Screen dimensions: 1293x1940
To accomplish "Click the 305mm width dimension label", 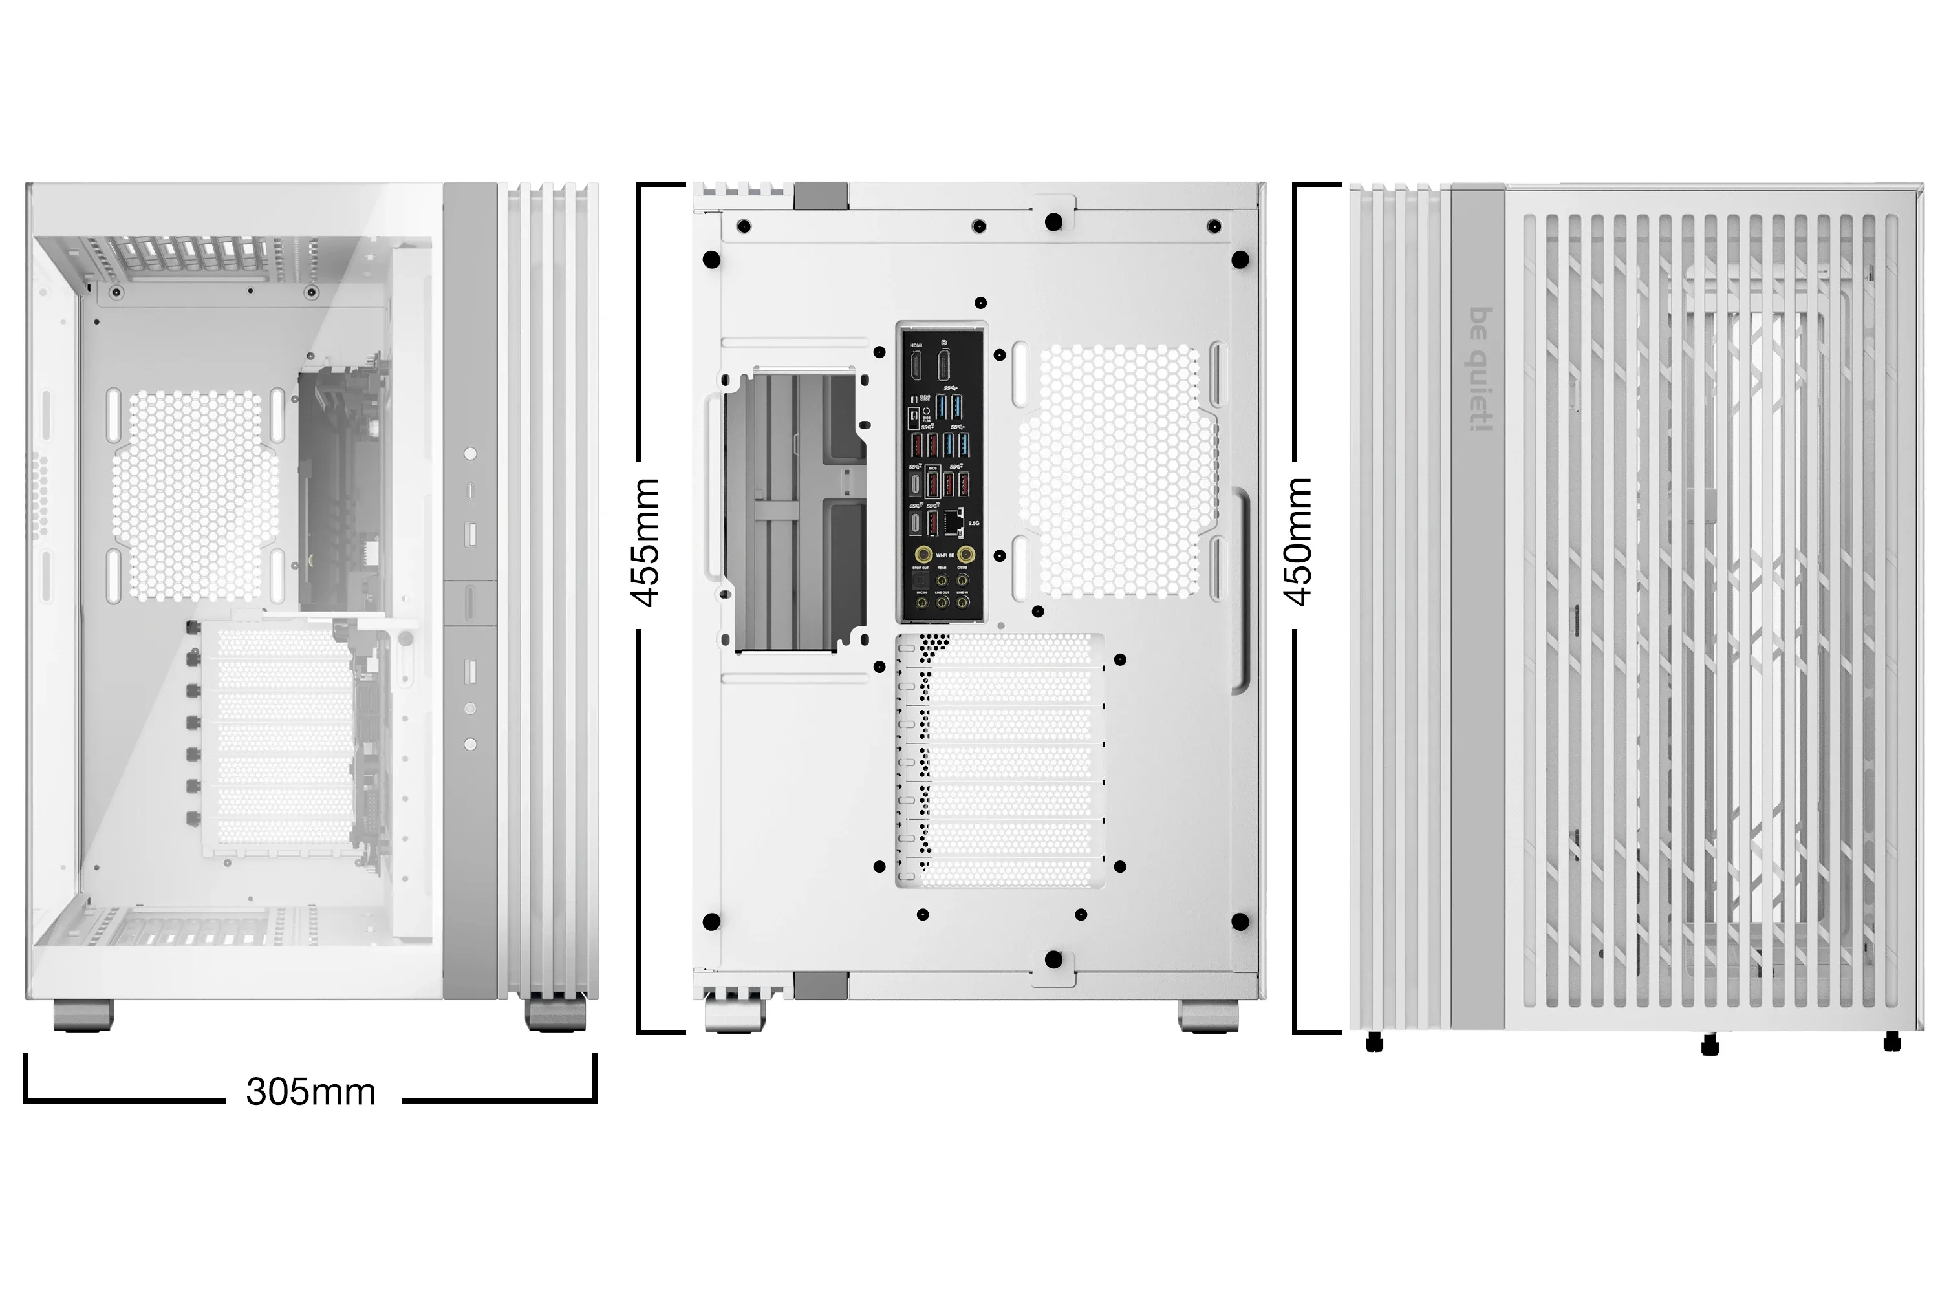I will pos(311,1092).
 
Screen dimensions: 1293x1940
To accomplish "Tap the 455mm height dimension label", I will pos(646,542).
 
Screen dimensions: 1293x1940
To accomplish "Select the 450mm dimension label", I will pos(1299,542).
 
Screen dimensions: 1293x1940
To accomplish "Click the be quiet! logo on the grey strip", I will pos(1482,369).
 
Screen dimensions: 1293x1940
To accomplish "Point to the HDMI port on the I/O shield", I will pos(916,365).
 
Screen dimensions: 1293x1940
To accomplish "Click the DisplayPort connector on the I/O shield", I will pos(943,365).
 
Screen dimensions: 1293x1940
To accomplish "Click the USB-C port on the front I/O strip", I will pos(470,491).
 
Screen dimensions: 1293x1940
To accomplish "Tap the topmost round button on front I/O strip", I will pos(470,454).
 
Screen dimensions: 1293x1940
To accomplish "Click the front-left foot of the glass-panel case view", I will pos(83,1015).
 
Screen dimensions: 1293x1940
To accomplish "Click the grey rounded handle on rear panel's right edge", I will pos(1240,590).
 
